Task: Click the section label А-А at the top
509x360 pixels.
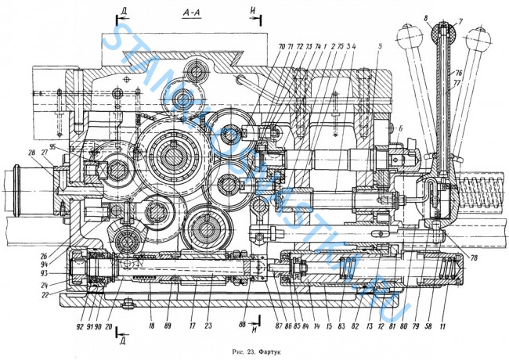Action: click(x=192, y=13)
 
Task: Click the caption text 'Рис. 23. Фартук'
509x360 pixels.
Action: click(x=254, y=351)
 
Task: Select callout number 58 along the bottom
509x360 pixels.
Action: click(x=429, y=319)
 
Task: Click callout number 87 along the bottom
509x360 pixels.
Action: click(x=278, y=319)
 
